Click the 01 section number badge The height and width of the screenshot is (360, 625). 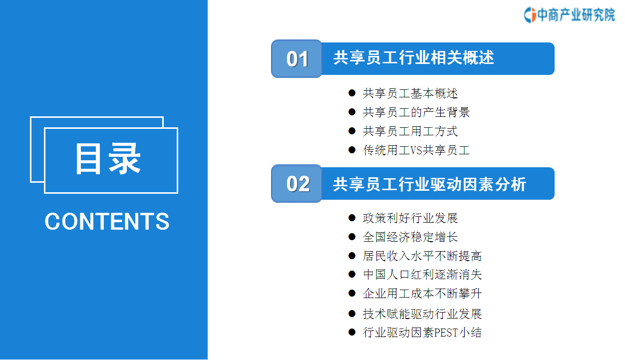click(297, 58)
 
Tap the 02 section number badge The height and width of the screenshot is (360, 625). click(297, 184)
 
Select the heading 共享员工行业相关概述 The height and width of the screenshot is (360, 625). click(413, 58)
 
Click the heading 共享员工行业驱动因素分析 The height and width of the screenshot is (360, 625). click(430, 184)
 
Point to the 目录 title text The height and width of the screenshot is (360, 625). click(108, 158)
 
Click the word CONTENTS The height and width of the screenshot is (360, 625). click(107, 221)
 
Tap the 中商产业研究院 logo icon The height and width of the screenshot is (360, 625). click(530, 15)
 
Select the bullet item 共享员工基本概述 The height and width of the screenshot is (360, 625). click(410, 93)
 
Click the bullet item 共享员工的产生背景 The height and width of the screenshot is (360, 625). click(416, 112)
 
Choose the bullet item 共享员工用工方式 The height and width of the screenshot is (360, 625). click(410, 131)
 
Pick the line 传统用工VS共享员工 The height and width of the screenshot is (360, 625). click(416, 150)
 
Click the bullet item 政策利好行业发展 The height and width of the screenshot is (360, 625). click(410, 218)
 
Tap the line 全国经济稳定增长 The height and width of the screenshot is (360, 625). click(410, 237)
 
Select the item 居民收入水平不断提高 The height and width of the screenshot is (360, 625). click(422, 256)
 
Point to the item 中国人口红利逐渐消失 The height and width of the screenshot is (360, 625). click(422, 275)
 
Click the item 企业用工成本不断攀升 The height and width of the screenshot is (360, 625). click(422, 293)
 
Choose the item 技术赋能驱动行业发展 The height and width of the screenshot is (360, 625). click(422, 314)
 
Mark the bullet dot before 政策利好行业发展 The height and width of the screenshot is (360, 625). click(352, 218)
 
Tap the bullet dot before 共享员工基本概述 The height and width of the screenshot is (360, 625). click(352, 93)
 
